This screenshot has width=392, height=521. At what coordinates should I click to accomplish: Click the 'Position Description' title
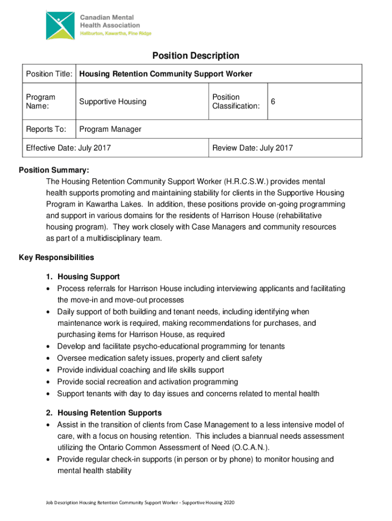click(x=196, y=55)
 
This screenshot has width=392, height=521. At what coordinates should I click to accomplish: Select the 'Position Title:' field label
click(x=50, y=74)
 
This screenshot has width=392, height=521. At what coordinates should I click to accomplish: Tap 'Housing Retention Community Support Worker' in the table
click(x=165, y=74)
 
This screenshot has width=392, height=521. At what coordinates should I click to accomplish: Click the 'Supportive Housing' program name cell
click(x=113, y=102)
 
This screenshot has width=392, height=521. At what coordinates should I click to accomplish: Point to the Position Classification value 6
click(x=273, y=102)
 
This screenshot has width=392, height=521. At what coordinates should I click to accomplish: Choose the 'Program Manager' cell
click(x=110, y=129)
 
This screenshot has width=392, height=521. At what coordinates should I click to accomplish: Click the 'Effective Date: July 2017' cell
click(x=69, y=148)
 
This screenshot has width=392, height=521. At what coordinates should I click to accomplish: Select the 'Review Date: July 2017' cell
click(x=253, y=148)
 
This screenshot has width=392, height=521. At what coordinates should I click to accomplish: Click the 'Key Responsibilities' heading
click(x=57, y=257)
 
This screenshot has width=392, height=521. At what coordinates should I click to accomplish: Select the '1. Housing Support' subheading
click(x=82, y=277)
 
